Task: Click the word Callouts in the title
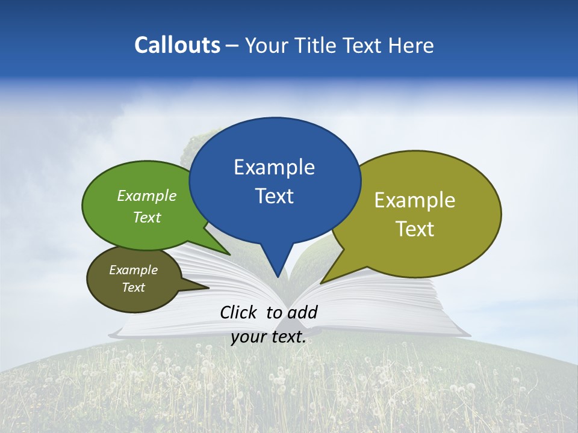[x=178, y=45]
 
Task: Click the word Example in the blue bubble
[x=274, y=167]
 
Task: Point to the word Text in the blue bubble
[x=274, y=196]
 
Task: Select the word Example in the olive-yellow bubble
[x=415, y=200]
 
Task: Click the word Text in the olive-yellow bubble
[x=415, y=229]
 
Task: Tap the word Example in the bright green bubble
[x=147, y=196]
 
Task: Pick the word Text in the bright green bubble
[x=147, y=217]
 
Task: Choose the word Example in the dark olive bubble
[x=134, y=270]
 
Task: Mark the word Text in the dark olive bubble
[x=134, y=287]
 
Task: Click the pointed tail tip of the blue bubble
[x=278, y=277]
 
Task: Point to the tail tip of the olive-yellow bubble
[x=320, y=283]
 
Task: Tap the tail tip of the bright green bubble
[x=229, y=255]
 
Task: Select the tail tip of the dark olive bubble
[x=208, y=288]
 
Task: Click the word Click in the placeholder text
[x=239, y=312]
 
